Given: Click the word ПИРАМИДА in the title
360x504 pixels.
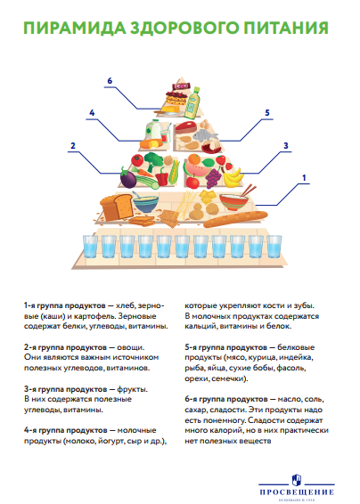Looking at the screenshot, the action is tap(75, 28).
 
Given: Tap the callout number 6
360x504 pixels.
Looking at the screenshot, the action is tap(110, 81).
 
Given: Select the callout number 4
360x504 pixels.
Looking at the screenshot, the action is tap(92, 113).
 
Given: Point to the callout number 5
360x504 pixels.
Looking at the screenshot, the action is tap(267, 113).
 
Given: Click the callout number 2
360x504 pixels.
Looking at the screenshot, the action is tap(73, 146).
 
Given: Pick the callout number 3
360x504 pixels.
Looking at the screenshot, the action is tap(286, 146).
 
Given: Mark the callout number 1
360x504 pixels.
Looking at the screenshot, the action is tap(304, 178).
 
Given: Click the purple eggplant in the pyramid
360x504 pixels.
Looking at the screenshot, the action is tap(128, 178).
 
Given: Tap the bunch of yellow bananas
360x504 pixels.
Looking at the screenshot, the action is tap(233, 177).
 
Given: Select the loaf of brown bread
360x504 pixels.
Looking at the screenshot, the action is tap(117, 206).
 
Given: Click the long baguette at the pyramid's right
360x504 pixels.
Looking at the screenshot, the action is tap(235, 219).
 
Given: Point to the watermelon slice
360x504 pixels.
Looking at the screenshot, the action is tap(196, 170).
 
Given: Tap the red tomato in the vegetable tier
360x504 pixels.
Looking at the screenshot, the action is tap(138, 159).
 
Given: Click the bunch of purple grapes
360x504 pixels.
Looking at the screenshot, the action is tap(213, 178).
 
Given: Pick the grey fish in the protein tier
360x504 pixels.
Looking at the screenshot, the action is tap(205, 135).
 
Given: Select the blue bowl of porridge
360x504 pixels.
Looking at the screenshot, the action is tap(146, 203).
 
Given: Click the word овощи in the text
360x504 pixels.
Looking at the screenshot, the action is tap(131, 347).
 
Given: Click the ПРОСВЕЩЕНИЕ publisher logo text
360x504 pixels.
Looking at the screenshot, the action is tap(297, 492).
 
